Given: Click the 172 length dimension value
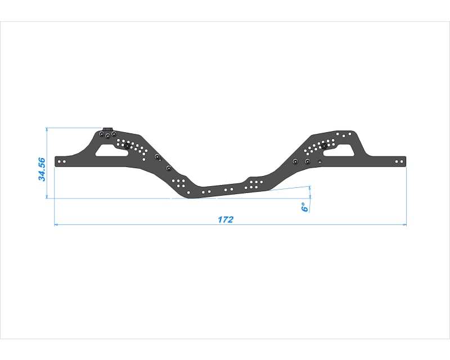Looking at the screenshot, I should point(226,219).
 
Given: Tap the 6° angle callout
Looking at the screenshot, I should point(304,207).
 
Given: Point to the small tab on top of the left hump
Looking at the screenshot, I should point(108,129).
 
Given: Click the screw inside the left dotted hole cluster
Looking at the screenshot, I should point(128,146).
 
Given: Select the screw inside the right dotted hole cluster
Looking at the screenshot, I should point(325,146).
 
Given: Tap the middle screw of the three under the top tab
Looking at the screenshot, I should point(107,136).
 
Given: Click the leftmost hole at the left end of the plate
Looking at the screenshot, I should point(60,161).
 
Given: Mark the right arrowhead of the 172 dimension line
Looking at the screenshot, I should point(404,225).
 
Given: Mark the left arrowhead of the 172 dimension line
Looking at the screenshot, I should point(56,225).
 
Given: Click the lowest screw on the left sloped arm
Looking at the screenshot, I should point(168,168).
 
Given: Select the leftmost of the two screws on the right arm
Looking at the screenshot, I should point(295,162).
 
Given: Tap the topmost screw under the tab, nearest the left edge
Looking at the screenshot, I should point(101,135).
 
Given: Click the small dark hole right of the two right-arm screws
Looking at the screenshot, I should point(319,162).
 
